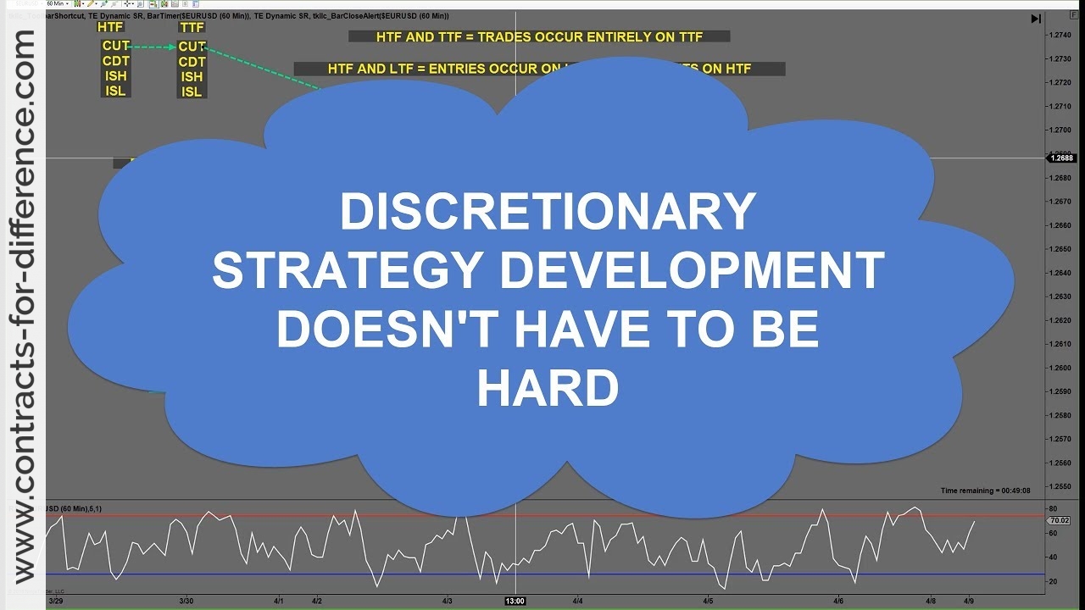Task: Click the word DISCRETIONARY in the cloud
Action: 547,212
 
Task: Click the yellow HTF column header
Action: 110,27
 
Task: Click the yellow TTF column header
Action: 192,27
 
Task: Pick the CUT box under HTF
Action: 115,46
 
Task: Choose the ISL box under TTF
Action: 192,91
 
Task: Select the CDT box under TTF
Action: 192,62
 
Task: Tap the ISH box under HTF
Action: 115,76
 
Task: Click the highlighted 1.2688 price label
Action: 1060,158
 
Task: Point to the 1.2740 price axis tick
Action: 1060,35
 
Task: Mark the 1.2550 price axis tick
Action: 1060,486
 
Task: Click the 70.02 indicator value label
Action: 1060,520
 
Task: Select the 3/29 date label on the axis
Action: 56,601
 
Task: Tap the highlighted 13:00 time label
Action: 515,601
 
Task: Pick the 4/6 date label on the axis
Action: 837,601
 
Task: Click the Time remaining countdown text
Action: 985,491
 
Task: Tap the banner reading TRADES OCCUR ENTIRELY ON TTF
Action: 539,36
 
